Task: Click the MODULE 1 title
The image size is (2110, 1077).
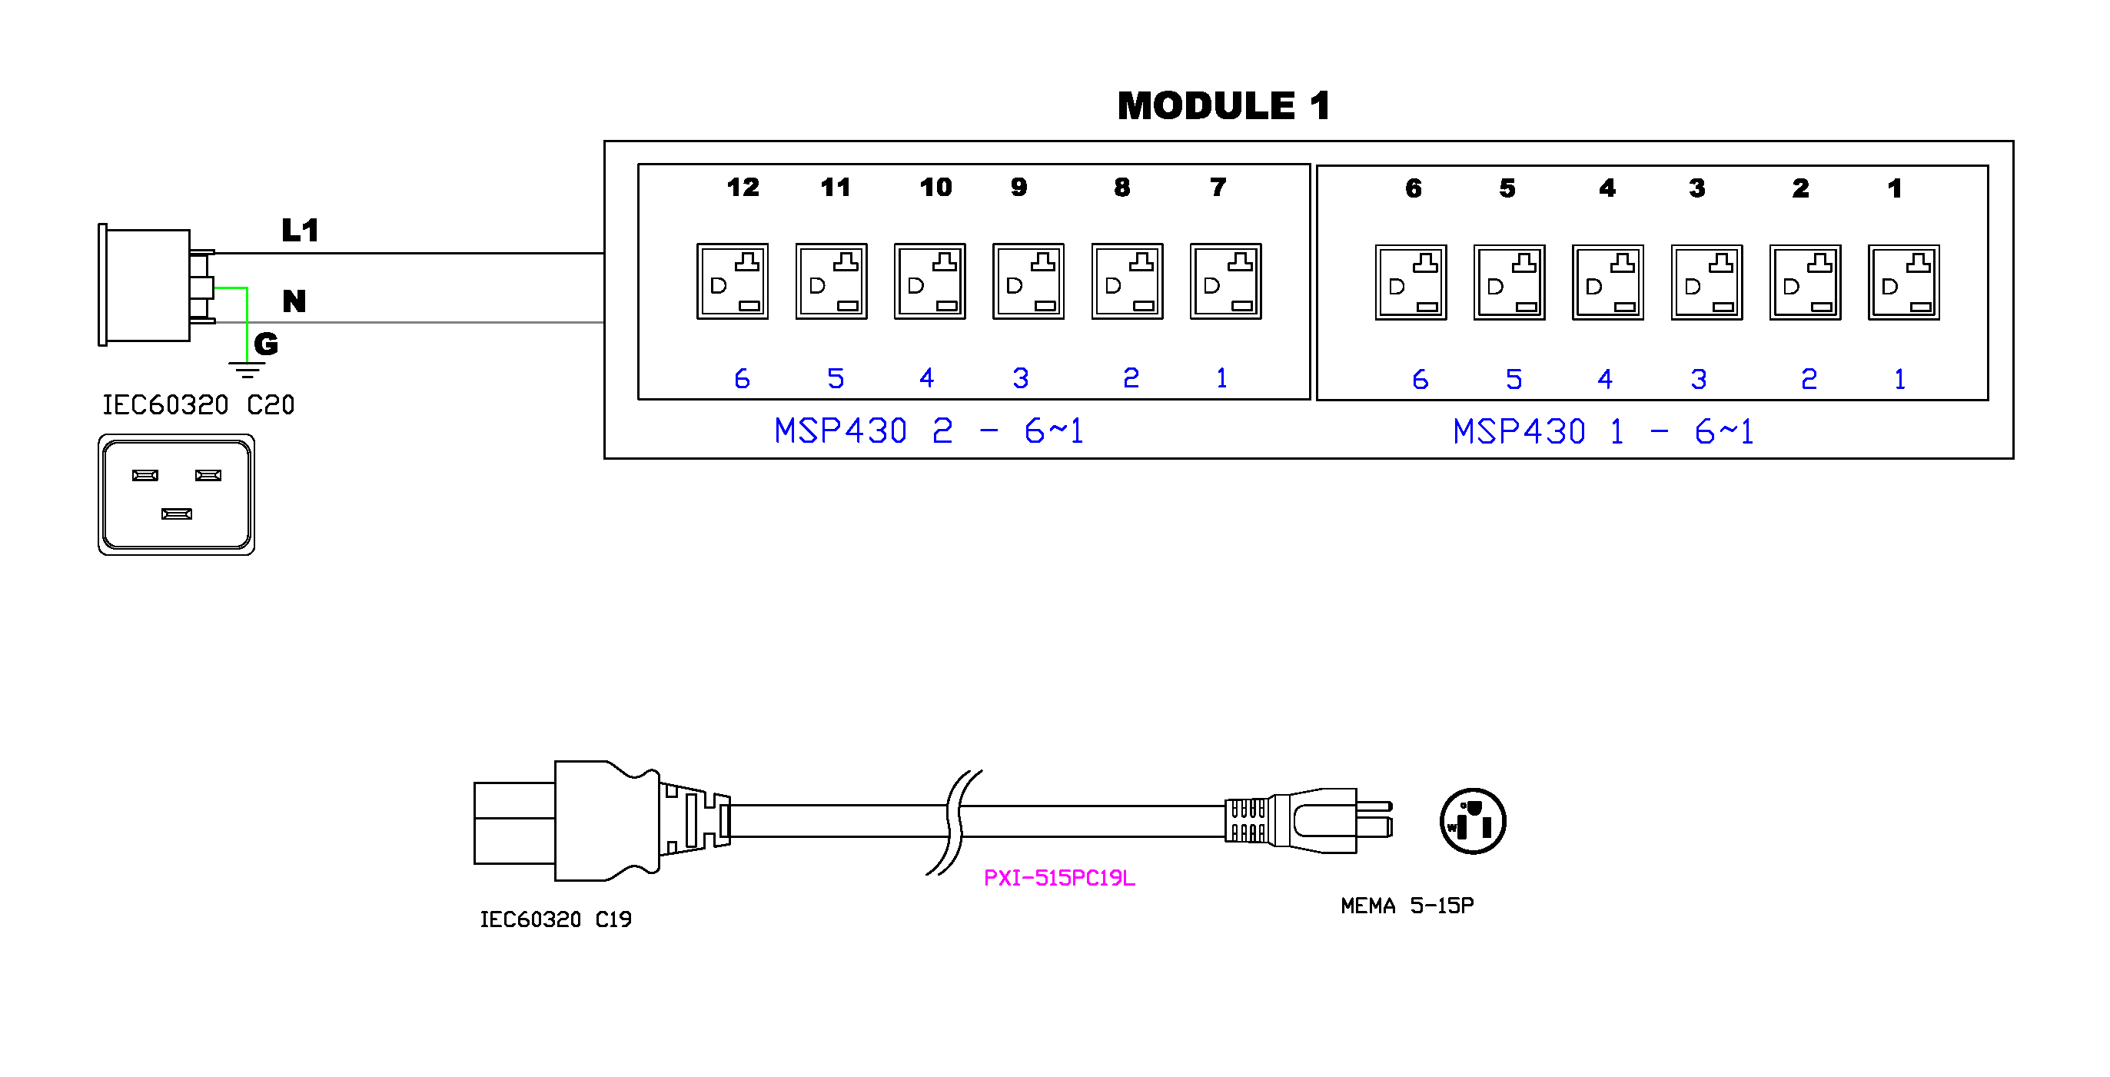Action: click(1223, 105)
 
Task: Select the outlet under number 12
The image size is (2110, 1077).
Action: click(733, 281)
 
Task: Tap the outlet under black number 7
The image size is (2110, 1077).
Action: click(1225, 281)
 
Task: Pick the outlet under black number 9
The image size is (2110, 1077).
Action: click(1028, 281)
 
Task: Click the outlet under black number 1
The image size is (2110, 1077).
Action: click(1903, 281)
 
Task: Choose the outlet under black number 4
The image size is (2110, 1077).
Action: click(1608, 281)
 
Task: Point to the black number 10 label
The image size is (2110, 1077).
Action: click(935, 187)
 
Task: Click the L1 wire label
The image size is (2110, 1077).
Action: click(300, 230)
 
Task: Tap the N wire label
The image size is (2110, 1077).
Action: click(294, 301)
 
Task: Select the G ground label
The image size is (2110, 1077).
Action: click(265, 344)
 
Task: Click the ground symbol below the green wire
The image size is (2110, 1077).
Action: click(247, 369)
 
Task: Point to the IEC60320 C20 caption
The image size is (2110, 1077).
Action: click(198, 404)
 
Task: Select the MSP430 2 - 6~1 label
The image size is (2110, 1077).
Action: click(929, 430)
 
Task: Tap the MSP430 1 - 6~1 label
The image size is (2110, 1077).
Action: click(1603, 431)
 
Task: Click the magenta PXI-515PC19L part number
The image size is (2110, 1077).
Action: click(1059, 878)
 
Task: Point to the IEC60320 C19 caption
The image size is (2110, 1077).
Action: click(555, 919)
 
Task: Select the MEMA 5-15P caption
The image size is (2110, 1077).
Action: click(1407, 906)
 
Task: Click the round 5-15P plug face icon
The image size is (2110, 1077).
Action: click(1473, 821)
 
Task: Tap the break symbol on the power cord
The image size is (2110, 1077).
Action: click(954, 822)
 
